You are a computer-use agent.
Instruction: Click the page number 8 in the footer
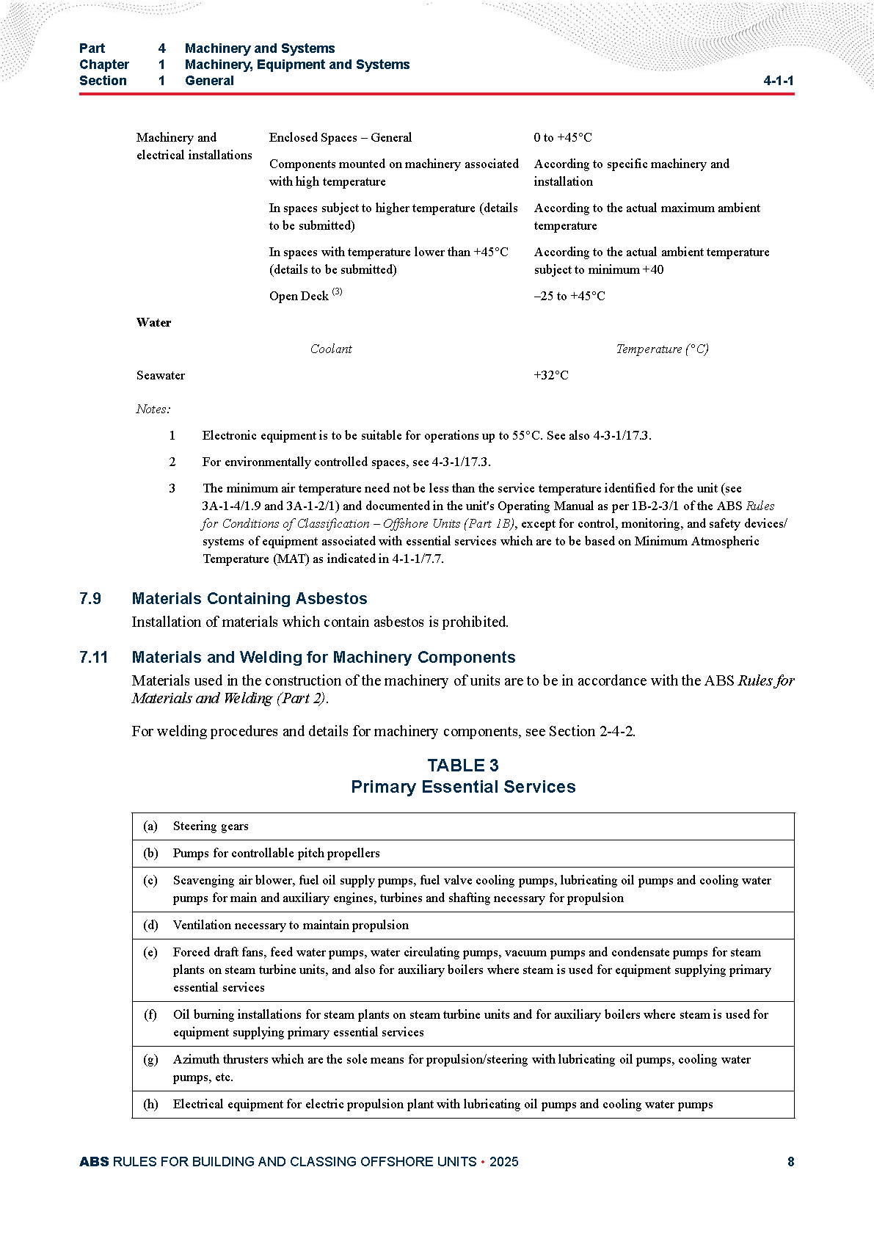[790, 1161]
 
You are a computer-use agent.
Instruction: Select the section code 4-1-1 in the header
[778, 81]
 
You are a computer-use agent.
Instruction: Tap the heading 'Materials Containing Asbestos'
[250, 598]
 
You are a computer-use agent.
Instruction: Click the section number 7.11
[93, 657]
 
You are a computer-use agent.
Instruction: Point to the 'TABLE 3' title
[463, 766]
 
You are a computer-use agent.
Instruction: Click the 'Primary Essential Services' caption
[463, 787]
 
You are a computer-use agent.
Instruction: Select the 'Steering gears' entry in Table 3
[211, 826]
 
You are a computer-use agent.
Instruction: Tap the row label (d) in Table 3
[150, 925]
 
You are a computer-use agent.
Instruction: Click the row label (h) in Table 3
[150, 1104]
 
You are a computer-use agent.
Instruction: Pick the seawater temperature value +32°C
[551, 375]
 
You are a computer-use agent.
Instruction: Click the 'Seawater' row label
[161, 375]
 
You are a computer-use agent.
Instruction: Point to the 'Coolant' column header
[331, 349]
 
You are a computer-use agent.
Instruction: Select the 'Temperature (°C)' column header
[662, 349]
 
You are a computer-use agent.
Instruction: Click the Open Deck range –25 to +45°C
[569, 296]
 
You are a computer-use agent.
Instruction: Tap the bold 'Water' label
[153, 322]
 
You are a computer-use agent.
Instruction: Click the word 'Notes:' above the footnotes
[153, 409]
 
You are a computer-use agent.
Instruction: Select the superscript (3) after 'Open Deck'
[337, 292]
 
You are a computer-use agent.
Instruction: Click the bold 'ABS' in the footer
[94, 1161]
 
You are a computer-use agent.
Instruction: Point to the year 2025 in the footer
[503, 1161]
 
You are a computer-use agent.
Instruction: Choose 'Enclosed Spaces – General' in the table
[341, 137]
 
